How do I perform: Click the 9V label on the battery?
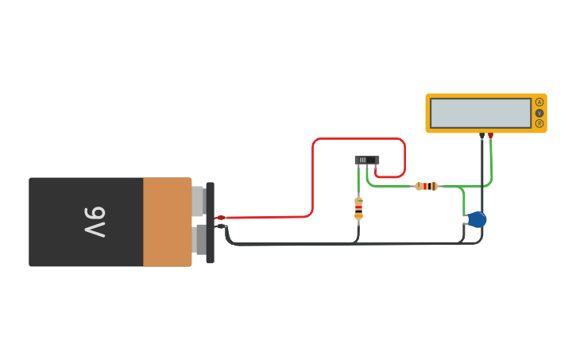(x=95, y=222)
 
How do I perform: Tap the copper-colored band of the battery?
(x=167, y=222)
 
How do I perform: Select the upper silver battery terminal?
(x=199, y=201)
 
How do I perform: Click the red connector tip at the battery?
(x=221, y=218)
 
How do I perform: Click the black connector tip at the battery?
(x=221, y=226)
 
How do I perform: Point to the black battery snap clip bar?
(x=210, y=223)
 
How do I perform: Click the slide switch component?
(x=366, y=160)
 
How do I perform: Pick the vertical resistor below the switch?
(x=358, y=208)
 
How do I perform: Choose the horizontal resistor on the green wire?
(x=427, y=186)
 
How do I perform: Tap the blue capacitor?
(x=477, y=219)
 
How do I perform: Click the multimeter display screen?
(x=480, y=113)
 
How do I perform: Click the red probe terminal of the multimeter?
(x=490, y=136)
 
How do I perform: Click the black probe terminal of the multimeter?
(x=481, y=136)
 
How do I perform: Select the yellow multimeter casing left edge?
(x=427, y=113)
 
